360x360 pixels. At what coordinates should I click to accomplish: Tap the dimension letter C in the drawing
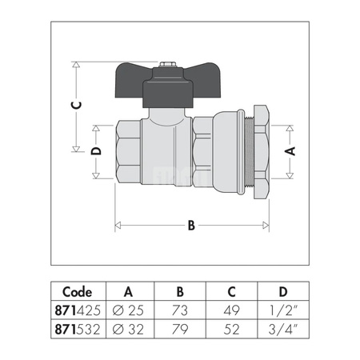pos(74,105)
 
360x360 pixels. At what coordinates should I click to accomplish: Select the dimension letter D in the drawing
pos(95,152)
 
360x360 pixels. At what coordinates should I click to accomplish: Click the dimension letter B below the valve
pos(191,226)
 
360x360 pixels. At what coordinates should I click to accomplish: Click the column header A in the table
pos(129,291)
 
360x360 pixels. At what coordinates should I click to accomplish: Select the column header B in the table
pos(180,291)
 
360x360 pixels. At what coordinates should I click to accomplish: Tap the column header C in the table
pos(231,291)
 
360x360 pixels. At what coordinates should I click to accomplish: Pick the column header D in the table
pos(282,291)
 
